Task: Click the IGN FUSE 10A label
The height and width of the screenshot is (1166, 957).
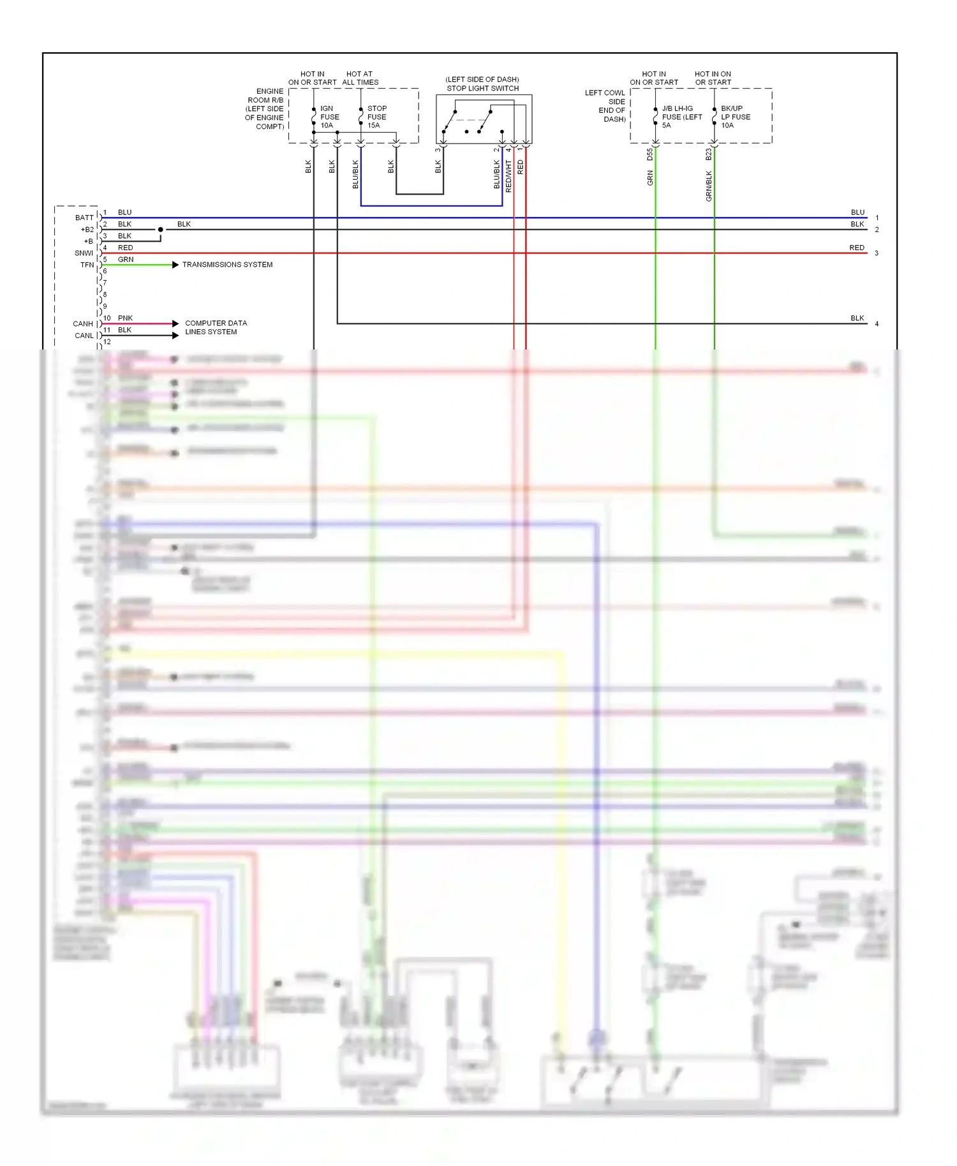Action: pos(329,117)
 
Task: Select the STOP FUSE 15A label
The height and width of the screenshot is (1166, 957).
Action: pos(376,117)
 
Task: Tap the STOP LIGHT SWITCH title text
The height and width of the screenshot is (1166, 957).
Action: pos(482,88)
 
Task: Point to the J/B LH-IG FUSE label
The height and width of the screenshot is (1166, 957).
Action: pos(681,117)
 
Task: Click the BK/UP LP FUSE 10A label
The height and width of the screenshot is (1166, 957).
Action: pos(735,117)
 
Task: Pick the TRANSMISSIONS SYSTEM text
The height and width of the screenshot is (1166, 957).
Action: pos(227,265)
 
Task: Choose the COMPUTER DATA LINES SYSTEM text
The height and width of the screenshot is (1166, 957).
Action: pos(215,327)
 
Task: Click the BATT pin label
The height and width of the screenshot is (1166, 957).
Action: pos(84,218)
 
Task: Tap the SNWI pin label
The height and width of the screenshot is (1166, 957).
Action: pos(84,253)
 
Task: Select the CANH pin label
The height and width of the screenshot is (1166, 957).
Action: pos(83,324)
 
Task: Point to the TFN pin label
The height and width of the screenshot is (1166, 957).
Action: pos(87,265)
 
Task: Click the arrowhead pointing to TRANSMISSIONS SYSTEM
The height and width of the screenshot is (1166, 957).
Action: pos(175,265)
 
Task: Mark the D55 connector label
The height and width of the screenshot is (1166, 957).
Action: pos(649,154)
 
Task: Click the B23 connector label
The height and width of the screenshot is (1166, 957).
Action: pos(708,154)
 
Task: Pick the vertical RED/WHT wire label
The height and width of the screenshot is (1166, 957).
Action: pos(508,176)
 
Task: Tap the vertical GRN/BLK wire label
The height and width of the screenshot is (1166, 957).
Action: pos(709,186)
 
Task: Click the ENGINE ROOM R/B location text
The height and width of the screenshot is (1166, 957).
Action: pos(265,108)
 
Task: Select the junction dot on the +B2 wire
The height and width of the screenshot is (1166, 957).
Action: pos(161,230)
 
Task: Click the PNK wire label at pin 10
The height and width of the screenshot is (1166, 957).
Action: pos(125,318)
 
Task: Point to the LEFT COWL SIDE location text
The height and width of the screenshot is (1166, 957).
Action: pos(605,106)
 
